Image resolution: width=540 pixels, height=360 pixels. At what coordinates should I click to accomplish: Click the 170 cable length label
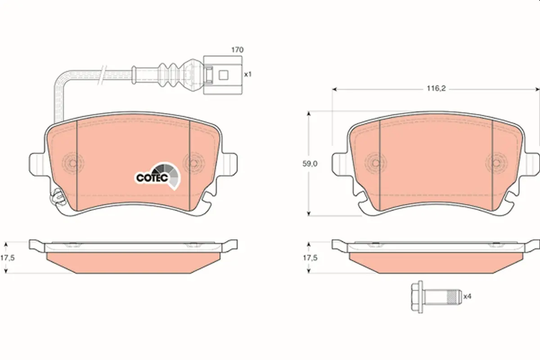pyautogui.click(x=238, y=50)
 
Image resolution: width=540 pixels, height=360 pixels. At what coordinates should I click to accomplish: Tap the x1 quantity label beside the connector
pyautogui.click(x=248, y=74)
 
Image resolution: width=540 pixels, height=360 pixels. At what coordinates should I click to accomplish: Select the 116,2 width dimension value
pyautogui.click(x=436, y=89)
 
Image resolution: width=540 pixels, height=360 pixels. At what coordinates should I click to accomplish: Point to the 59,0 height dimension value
pyautogui.click(x=310, y=164)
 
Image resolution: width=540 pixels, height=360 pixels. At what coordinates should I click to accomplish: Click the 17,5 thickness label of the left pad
pyautogui.click(x=8, y=258)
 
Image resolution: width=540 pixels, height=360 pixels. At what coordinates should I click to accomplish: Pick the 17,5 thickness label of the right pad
pyautogui.click(x=310, y=258)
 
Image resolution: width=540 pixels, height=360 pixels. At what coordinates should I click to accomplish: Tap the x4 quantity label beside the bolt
pyautogui.click(x=467, y=296)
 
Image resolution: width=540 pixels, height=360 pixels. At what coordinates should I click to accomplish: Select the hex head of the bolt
pyautogui.click(x=417, y=297)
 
